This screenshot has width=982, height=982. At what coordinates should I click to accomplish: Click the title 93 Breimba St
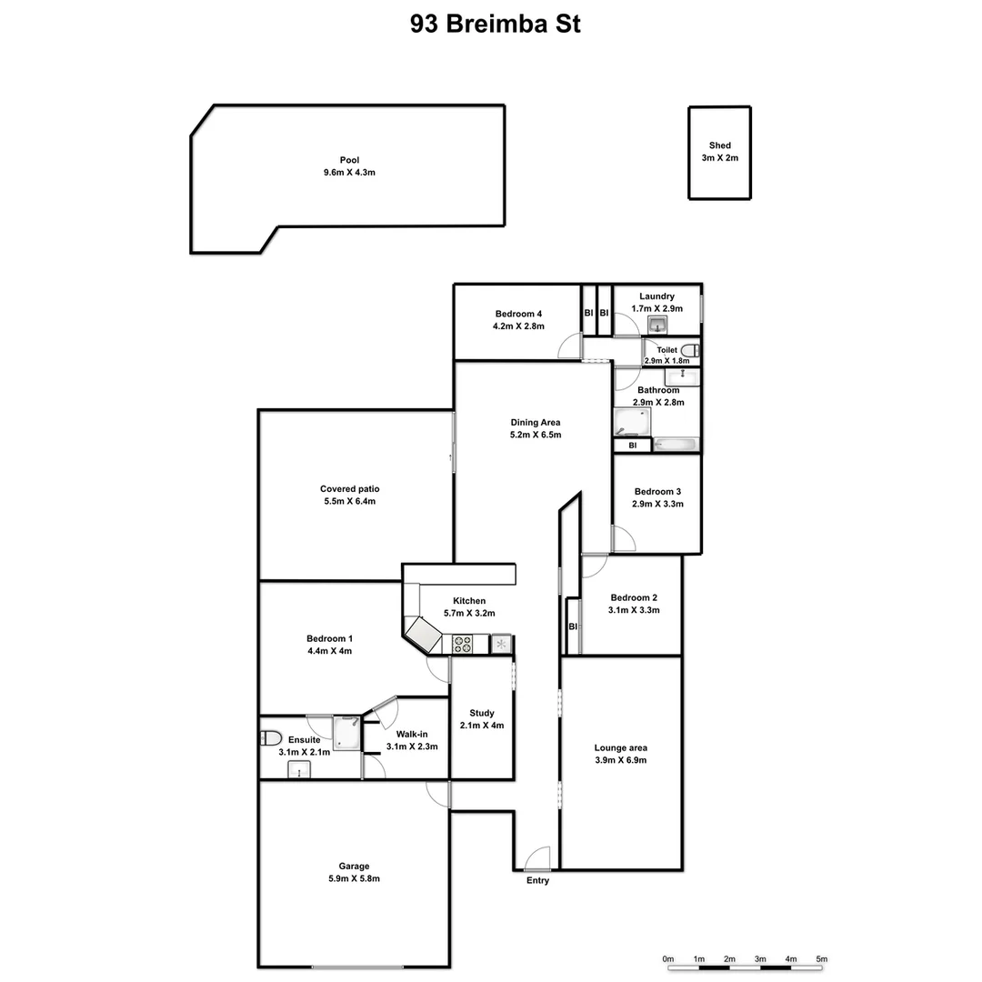pyautogui.click(x=495, y=24)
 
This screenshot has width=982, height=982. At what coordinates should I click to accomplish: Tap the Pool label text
pyautogui.click(x=350, y=160)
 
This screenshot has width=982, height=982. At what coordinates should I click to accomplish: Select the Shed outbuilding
pyautogui.click(x=720, y=153)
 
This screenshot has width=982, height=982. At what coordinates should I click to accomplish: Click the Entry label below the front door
pyautogui.click(x=537, y=880)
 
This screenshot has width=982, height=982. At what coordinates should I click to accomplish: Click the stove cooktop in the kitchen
pyautogui.click(x=463, y=645)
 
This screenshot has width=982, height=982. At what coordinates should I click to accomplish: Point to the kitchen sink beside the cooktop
pyautogui.click(x=501, y=644)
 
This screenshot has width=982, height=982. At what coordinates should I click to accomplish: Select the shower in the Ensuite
pyautogui.click(x=346, y=733)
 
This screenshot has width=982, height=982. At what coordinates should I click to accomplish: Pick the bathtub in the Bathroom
pyautogui.click(x=676, y=445)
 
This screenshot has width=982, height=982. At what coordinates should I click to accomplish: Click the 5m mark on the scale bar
pyautogui.click(x=822, y=959)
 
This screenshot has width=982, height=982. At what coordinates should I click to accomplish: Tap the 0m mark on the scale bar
pyautogui.click(x=668, y=959)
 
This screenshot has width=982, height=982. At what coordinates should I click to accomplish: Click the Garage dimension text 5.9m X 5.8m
pyautogui.click(x=354, y=878)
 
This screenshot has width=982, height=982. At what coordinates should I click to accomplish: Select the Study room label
pyautogui.click(x=482, y=713)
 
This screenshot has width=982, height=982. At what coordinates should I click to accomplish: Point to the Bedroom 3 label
pyautogui.click(x=657, y=492)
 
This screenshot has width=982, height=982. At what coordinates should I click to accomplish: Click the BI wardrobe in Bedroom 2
pyautogui.click(x=573, y=626)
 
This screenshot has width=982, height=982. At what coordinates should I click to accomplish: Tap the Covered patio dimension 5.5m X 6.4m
pyautogui.click(x=350, y=501)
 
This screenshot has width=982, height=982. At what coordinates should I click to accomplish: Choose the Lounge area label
pyautogui.click(x=620, y=747)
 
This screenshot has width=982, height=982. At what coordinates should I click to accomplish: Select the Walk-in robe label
pyautogui.click(x=411, y=734)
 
